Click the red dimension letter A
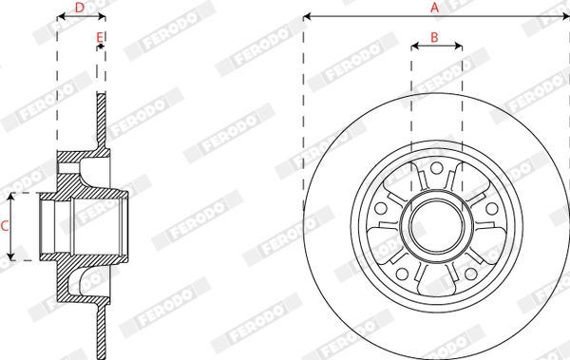pos(434,8)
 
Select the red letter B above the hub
pos(434,37)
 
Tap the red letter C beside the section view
pos(5,226)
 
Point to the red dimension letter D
pos(79,8)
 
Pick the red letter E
pos(100,37)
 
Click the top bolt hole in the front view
pos(437,168)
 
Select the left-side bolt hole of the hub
pos(381,209)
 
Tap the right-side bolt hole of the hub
pos(492,209)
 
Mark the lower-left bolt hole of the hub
pos(402,274)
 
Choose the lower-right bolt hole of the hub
pos(471,274)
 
